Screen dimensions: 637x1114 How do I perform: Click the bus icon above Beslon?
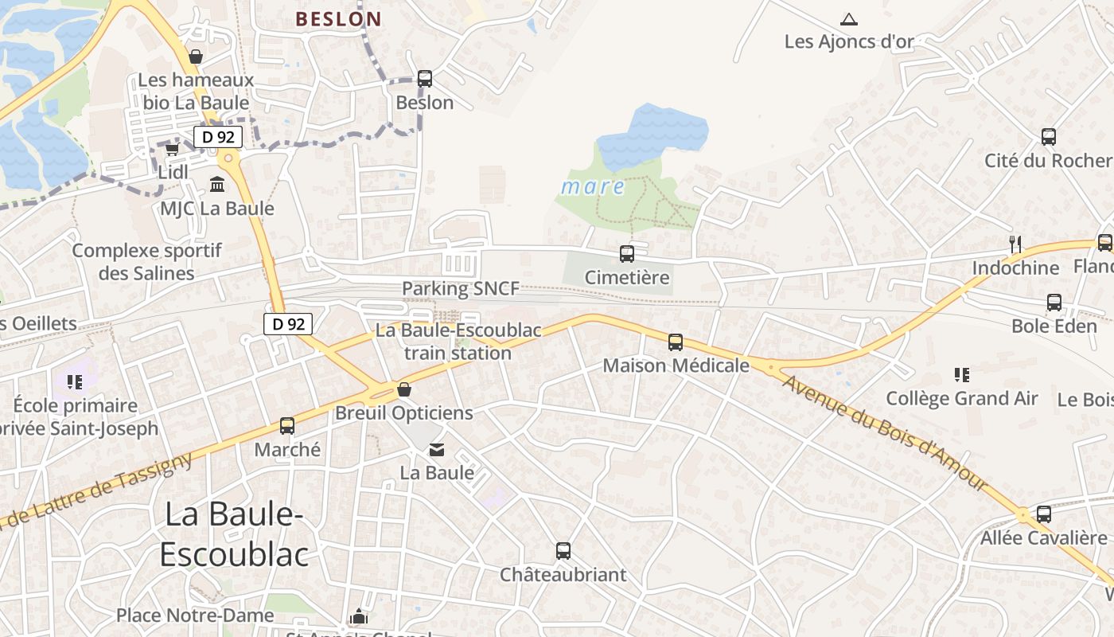click(x=425, y=79)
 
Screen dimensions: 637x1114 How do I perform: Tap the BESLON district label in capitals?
click(x=338, y=19)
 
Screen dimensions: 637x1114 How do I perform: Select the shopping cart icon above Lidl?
click(x=172, y=149)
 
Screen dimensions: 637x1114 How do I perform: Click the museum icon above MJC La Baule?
click(x=216, y=185)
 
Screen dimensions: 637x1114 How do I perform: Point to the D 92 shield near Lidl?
click(x=218, y=137)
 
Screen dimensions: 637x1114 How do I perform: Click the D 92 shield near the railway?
click(x=288, y=324)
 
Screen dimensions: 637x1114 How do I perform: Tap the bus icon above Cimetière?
click(x=627, y=254)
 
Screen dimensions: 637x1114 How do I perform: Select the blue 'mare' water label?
click(x=593, y=187)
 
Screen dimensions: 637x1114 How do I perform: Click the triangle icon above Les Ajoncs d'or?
click(x=849, y=19)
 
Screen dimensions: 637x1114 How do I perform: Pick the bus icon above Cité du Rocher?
click(x=1049, y=137)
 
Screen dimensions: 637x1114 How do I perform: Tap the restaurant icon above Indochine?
click(x=1015, y=244)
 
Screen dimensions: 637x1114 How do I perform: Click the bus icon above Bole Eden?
click(x=1054, y=303)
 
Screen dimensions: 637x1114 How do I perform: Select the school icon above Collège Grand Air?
click(x=962, y=374)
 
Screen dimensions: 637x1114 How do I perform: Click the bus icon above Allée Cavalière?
click(x=1044, y=514)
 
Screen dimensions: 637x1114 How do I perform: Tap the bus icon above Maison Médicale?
click(x=676, y=342)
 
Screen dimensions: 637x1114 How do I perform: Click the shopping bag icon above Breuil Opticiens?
click(x=404, y=389)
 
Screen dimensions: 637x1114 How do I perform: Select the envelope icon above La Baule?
click(x=437, y=450)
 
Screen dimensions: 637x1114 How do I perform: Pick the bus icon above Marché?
click(x=287, y=426)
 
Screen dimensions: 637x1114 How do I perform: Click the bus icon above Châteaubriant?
click(x=563, y=551)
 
